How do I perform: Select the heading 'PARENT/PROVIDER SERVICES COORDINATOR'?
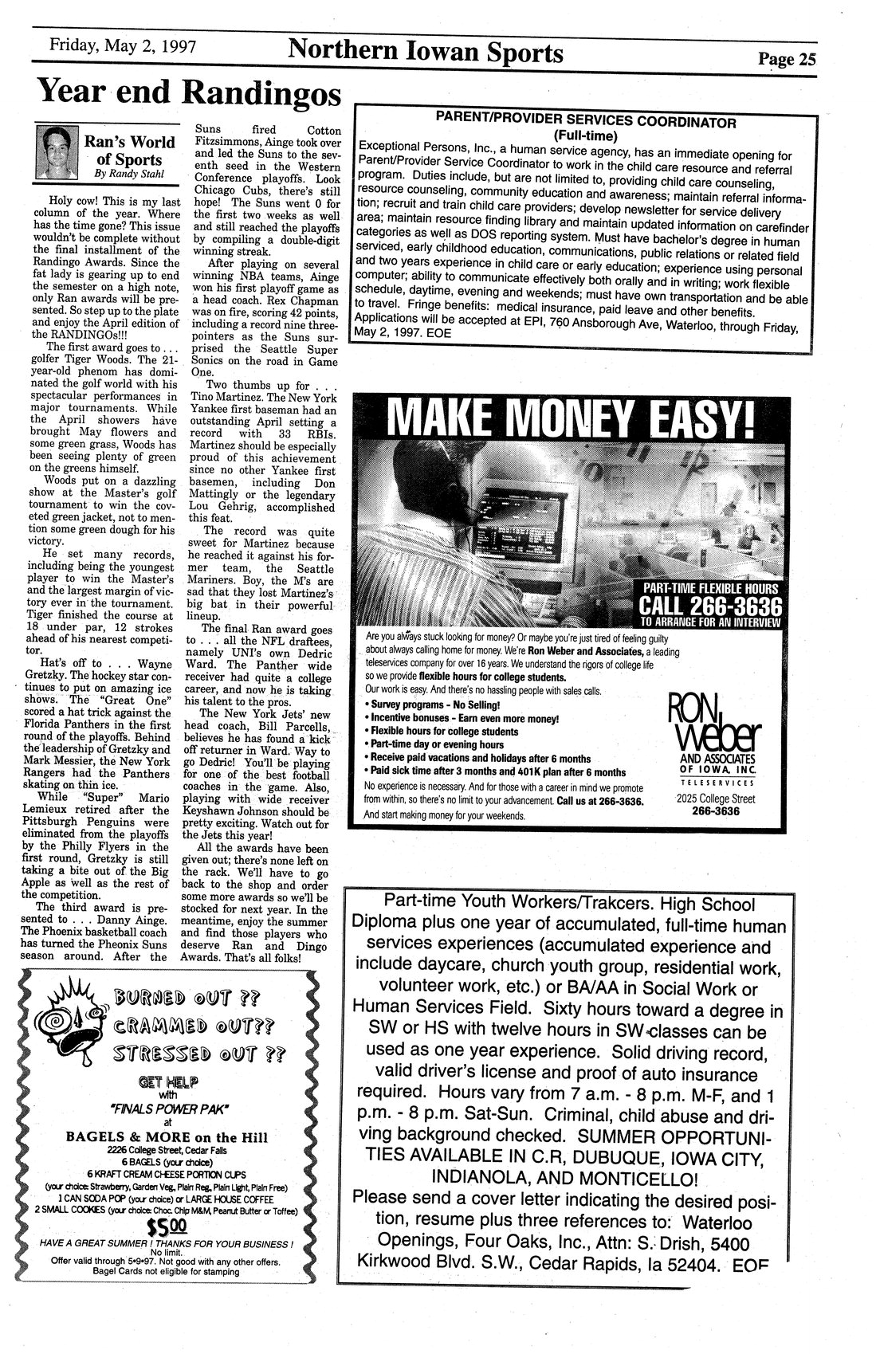[586, 123]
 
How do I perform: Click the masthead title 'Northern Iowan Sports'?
[426, 53]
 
